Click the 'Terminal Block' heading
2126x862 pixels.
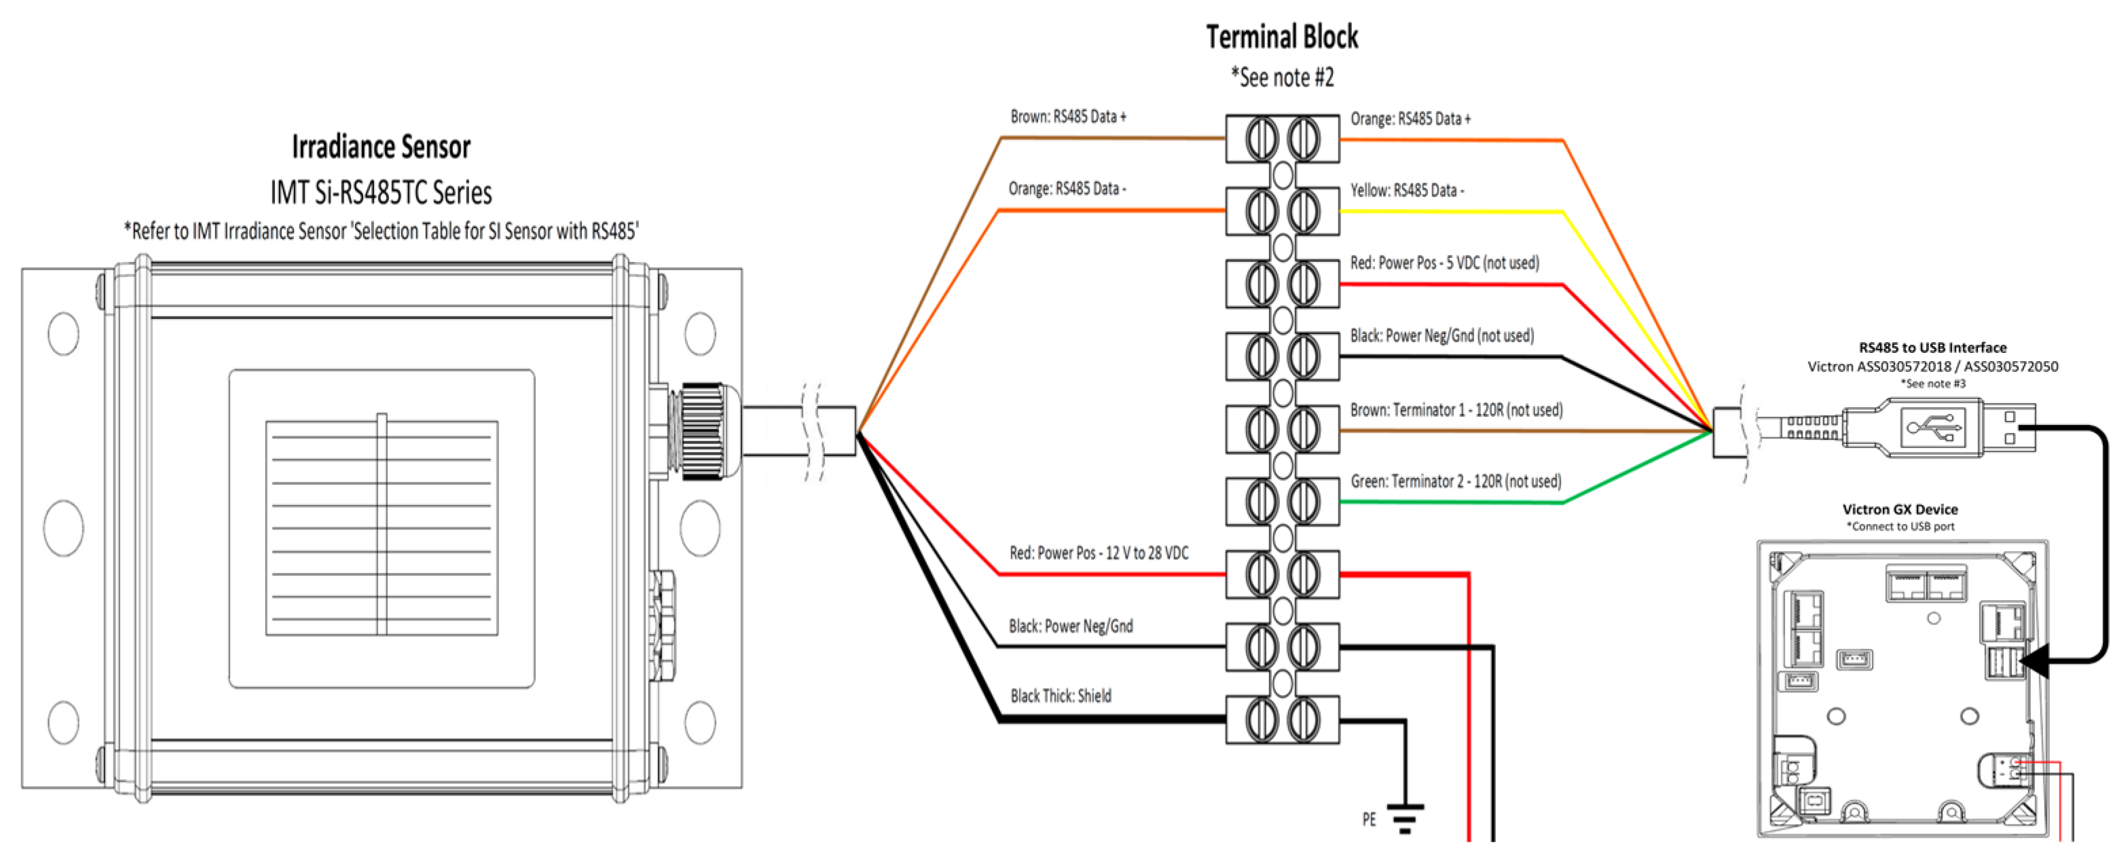coord(1282,37)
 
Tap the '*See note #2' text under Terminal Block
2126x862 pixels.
coord(1282,77)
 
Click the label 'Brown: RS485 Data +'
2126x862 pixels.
coord(1068,117)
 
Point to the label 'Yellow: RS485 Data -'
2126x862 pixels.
coord(1406,191)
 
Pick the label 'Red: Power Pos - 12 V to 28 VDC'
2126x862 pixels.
coord(1099,553)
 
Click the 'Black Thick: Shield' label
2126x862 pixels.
coord(1061,696)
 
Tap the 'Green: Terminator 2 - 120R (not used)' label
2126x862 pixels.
coord(1455,482)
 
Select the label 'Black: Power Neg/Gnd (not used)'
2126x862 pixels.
coord(1442,336)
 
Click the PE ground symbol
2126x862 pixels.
coord(1404,817)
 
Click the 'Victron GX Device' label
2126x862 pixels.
coord(1900,510)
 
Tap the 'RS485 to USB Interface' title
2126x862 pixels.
coord(1932,348)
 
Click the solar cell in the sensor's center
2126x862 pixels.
coord(382,528)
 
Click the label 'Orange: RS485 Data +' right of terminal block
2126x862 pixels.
coord(1410,119)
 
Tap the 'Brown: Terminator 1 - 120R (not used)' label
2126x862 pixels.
coord(1456,410)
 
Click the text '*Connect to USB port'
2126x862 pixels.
coord(1900,526)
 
